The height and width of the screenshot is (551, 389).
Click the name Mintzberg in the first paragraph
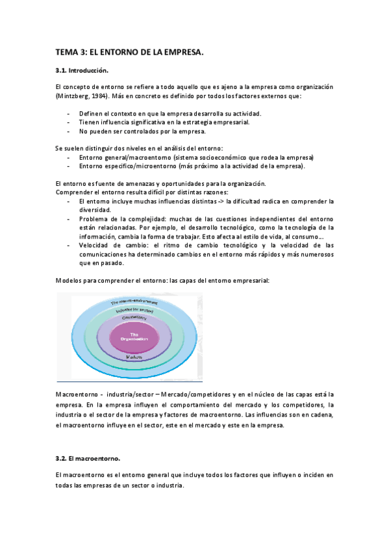coord(75,96)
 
